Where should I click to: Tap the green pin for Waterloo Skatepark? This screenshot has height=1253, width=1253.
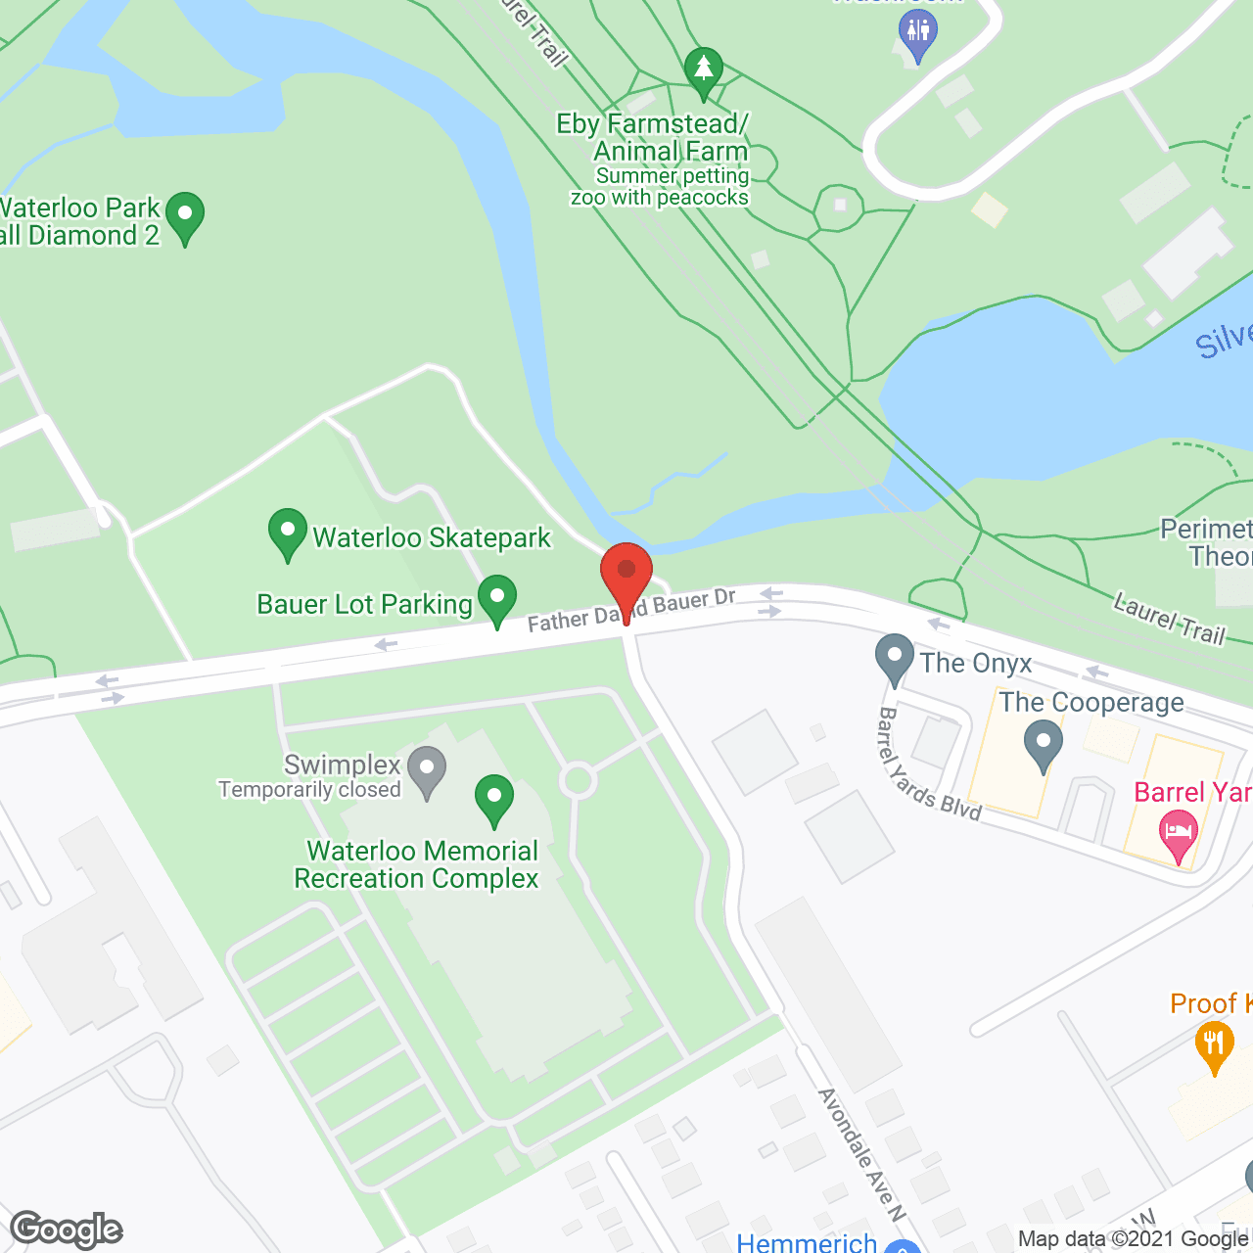pos(288,534)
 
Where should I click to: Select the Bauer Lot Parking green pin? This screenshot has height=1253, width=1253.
pos(497,599)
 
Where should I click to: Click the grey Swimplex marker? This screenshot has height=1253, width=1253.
pos(427,770)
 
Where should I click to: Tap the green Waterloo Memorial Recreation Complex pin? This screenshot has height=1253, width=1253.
pos(494,799)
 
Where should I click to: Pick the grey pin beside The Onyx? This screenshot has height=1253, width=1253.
pos(894,659)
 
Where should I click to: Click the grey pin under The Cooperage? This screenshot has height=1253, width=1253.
pos(1044,744)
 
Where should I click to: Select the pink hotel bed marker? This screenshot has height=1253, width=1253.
pos(1179,836)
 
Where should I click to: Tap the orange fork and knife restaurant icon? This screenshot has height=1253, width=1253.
pos(1214,1045)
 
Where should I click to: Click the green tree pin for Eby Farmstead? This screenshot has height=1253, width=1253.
pos(703,71)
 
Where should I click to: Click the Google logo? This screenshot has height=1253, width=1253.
pos(67,1230)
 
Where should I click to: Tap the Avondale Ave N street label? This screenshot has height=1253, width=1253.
pos(861,1155)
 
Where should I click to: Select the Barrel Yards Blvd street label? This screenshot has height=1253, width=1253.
pos(928,764)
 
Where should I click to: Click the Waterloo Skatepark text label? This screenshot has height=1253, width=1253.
pos(432,537)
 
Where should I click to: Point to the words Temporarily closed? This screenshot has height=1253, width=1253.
pos(309,790)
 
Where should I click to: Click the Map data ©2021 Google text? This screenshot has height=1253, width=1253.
pos(1134,1239)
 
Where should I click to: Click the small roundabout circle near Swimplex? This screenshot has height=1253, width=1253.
pos(579,781)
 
